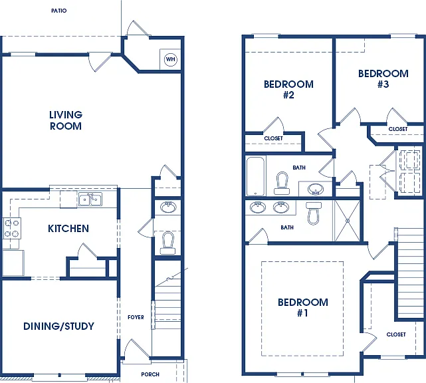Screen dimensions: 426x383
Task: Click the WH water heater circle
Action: click(171, 59)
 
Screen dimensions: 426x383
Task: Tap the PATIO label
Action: click(59, 11)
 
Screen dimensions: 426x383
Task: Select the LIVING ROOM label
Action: click(66, 120)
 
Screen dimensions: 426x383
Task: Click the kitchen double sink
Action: click(90, 199)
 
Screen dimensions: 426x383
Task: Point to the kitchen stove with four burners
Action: click(12, 228)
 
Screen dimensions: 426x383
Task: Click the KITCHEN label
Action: click(68, 229)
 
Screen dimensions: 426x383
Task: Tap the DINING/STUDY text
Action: click(58, 326)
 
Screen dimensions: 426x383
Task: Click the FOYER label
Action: click(136, 317)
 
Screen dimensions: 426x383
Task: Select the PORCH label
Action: click(150, 374)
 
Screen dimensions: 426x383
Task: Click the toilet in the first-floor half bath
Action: click(167, 243)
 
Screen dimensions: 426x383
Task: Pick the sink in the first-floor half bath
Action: click(168, 207)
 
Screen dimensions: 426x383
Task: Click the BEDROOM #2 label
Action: click(288, 89)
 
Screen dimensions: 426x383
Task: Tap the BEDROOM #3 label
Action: click(383, 79)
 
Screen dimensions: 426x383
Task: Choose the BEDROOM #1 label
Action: click(302, 307)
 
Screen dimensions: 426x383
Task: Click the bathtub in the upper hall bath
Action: click(255, 176)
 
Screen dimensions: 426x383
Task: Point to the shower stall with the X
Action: click(348, 221)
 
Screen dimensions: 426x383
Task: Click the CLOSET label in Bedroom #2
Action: click(273, 138)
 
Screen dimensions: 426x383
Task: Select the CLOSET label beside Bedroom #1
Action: click(396, 334)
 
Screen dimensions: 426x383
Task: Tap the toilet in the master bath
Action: click(313, 213)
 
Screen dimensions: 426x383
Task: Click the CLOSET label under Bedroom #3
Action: click(398, 129)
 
